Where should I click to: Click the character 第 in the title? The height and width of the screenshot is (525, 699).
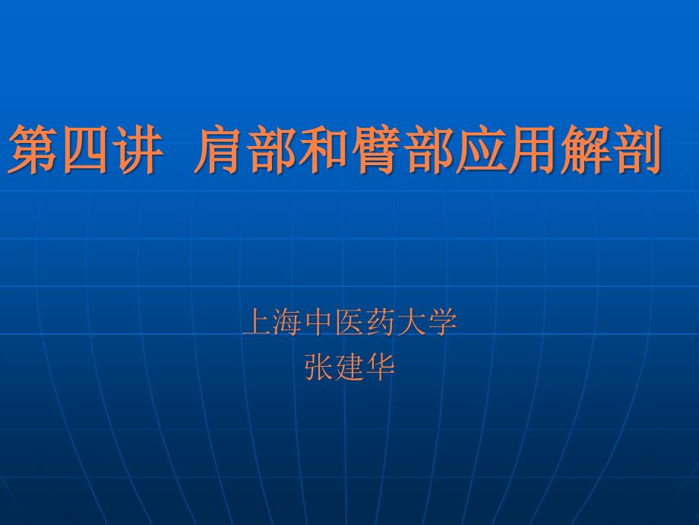tap(32, 149)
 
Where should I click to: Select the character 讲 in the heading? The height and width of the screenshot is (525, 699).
tap(137, 149)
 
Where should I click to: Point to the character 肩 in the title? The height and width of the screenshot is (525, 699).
tap(220, 149)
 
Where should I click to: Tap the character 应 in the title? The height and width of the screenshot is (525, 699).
tap(480, 149)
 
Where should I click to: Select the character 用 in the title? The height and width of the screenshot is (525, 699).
tap(533, 149)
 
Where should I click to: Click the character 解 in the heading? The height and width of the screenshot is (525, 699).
tap(585, 149)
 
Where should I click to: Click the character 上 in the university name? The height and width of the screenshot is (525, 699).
tap(258, 321)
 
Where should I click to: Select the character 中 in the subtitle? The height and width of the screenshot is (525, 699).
tap(319, 321)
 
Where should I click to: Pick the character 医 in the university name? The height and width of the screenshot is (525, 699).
tap(349, 321)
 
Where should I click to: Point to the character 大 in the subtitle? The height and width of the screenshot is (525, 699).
tap(411, 321)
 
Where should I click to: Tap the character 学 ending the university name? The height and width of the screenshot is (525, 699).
tap(441, 321)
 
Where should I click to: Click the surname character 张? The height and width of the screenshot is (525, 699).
tap(319, 367)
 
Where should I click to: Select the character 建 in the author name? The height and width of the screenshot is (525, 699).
tap(349, 367)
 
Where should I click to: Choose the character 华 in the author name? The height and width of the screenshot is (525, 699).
tap(380, 367)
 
